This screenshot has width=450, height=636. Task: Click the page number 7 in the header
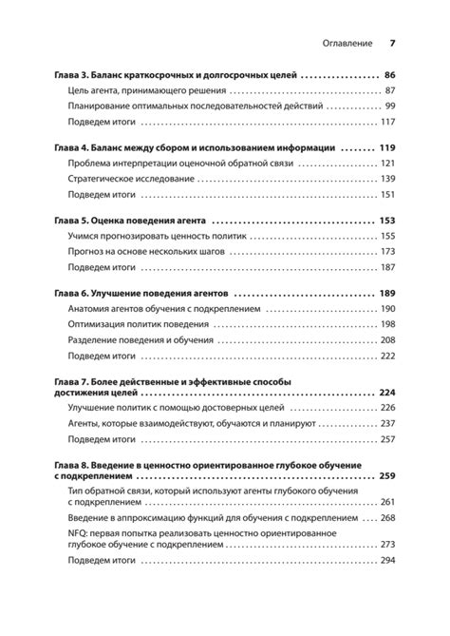[392, 44]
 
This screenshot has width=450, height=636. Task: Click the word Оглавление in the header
[343, 44]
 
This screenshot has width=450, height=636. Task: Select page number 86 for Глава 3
[389, 74]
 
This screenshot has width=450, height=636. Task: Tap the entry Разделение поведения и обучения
[143, 340]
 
